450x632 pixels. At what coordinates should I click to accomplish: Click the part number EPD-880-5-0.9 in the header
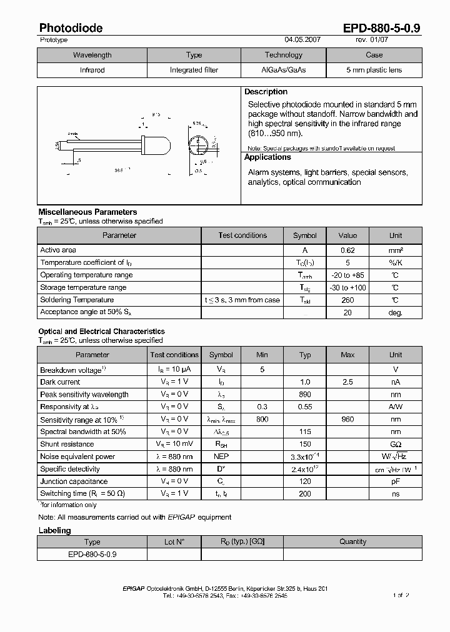pos(382,27)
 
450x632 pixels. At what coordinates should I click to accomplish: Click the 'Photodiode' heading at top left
pos(71,27)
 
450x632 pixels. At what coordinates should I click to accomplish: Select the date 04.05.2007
pos(302,39)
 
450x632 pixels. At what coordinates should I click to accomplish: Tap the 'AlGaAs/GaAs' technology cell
pos(283,70)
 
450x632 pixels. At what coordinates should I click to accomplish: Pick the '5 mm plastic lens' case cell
pos(374,70)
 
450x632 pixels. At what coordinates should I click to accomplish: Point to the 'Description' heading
pos(266,92)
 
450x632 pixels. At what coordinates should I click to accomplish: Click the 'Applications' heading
pos(267,157)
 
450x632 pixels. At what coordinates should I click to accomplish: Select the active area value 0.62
pos(347,250)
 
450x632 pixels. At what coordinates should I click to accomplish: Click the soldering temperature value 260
pos(347,300)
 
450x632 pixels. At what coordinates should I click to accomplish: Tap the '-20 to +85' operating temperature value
pos(347,275)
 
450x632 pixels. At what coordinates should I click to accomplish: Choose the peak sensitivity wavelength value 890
pos(305,394)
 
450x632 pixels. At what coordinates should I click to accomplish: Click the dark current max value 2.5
pos(347,382)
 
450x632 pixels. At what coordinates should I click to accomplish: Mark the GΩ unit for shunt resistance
pos(396,444)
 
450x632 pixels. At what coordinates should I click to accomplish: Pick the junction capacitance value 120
pos(305,481)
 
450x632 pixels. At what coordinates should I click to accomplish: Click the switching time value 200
pos(305,493)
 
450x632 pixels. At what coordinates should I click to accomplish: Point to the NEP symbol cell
pos(221,457)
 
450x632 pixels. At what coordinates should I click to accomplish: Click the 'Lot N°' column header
pos(174,541)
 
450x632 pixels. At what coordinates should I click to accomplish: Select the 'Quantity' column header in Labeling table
pos(352,541)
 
